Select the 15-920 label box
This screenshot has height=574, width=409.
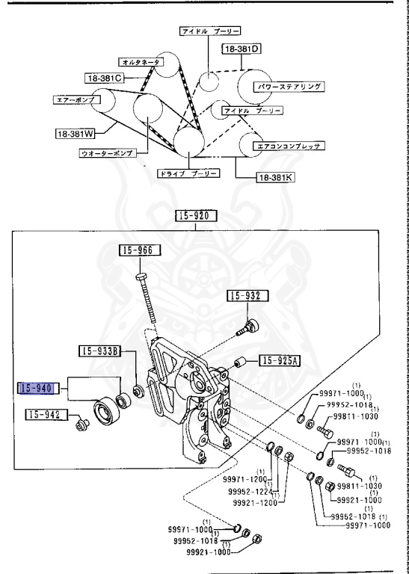196,217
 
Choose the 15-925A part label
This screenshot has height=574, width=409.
279,361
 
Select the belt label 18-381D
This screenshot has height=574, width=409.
240,49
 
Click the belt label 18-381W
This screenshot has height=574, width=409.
75,135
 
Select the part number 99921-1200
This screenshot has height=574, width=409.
253,503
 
